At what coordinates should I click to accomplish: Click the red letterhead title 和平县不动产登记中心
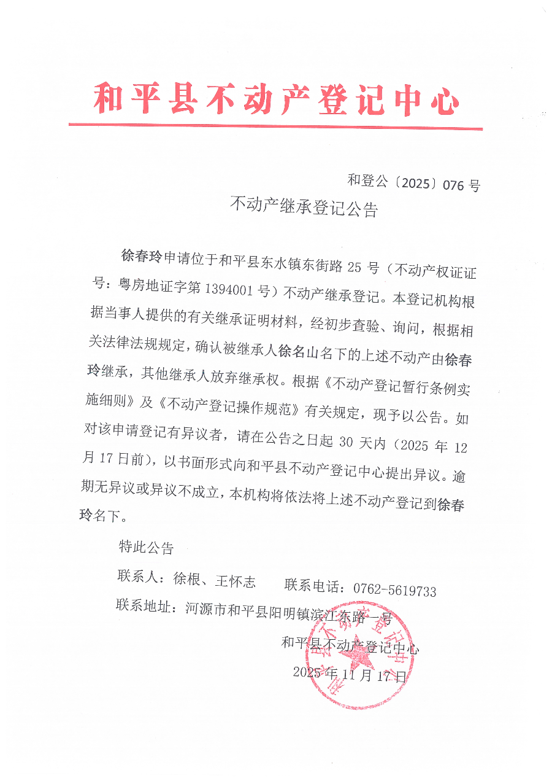tap(276, 100)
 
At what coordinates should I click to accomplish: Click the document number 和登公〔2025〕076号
tap(413, 182)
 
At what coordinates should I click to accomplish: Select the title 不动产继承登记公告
tap(304, 208)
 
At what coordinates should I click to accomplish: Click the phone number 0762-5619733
tap(394, 591)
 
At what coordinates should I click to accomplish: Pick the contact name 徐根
tap(187, 579)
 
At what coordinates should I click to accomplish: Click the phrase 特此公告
tap(146, 546)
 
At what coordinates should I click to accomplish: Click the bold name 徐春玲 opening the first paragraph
tap(142, 256)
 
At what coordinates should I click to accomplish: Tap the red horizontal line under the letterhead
tap(275, 126)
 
